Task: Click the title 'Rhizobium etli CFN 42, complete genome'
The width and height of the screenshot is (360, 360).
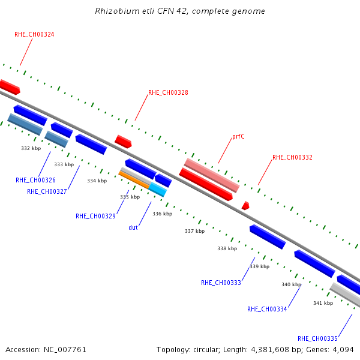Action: (180, 11)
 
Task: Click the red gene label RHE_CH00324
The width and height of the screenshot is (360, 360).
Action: (34, 34)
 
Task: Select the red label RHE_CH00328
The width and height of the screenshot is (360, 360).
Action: (168, 92)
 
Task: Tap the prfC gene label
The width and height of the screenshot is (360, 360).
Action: (238, 136)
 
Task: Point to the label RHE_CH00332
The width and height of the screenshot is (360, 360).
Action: (292, 157)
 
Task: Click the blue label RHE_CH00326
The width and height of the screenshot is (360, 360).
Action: (35, 180)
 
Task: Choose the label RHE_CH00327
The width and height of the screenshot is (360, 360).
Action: (47, 191)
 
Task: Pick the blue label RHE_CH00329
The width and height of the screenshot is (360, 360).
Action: (95, 216)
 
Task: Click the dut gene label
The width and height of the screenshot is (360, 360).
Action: (133, 227)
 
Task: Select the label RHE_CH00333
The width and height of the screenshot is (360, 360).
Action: (221, 283)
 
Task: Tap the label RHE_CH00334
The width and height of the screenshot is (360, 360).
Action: (267, 309)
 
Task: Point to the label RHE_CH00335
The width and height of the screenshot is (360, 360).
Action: (317, 338)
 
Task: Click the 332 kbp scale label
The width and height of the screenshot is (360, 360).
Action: (31, 148)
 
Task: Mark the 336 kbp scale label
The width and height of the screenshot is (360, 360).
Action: (163, 214)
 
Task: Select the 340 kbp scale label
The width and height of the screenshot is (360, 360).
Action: (292, 284)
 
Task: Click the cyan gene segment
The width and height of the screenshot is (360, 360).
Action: (158, 190)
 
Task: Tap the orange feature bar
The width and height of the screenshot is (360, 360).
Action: (134, 180)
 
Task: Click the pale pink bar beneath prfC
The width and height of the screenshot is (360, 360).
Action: (212, 175)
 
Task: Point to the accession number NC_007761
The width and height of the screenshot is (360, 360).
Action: (65, 350)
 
